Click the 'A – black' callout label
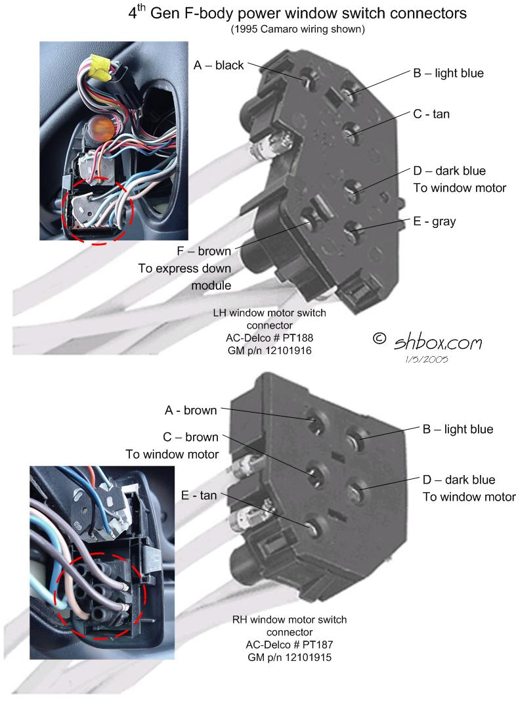tap(219, 65)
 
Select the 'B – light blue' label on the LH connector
tap(448, 73)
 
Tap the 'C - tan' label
tap(431, 114)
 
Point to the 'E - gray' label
tap(435, 222)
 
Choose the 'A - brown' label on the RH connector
tap(190, 411)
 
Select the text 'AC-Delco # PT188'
tap(270, 338)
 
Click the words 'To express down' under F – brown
tap(184, 269)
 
